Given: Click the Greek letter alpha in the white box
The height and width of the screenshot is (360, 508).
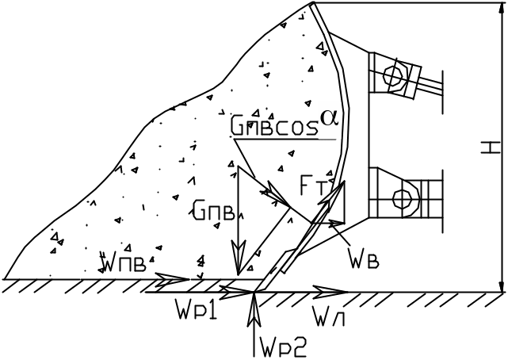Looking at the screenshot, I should pyautogui.click(x=330, y=117).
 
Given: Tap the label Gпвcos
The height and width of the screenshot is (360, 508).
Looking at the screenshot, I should pyautogui.click(x=272, y=126).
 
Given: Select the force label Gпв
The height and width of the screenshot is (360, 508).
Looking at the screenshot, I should pyautogui.click(x=212, y=209).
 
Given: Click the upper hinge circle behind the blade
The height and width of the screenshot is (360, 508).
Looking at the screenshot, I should pyautogui.click(x=392, y=77).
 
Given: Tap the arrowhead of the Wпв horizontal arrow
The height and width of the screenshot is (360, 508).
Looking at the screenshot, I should pyautogui.click(x=178, y=279).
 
